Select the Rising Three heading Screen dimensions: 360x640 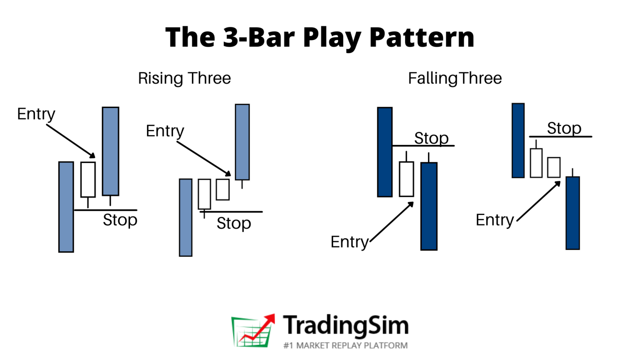coord(184,78)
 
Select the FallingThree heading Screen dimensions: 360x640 coord(455,78)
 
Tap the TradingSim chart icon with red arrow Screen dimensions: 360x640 coord(253,331)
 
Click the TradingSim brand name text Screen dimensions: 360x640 coord(346,325)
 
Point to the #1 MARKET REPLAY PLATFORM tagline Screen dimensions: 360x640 coord(345,345)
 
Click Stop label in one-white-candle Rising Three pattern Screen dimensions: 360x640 coord(120,220)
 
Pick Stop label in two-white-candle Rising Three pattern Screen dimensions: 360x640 coord(234,223)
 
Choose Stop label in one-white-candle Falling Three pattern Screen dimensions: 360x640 coord(431,138)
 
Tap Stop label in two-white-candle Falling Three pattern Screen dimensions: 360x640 coord(564,128)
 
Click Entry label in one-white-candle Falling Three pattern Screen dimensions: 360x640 coord(349,242)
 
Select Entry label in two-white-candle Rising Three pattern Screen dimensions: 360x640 coord(165,131)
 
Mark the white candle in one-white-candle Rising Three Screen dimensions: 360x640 coord(88,179)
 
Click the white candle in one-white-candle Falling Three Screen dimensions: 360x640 coord(406,179)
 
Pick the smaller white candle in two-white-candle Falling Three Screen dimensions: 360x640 coord(554,167)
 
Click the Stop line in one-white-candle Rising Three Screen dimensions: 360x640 coord(105,210)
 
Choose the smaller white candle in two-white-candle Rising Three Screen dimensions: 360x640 coord(222,190)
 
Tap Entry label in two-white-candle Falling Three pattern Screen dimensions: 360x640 coord(495,220)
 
